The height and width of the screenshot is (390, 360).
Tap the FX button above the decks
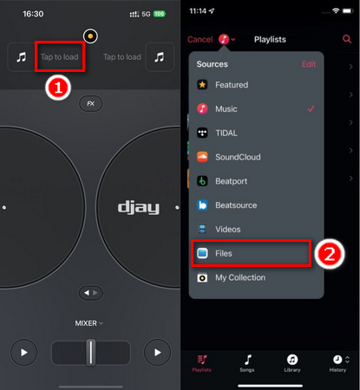[90, 103]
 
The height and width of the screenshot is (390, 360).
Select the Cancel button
[200, 39]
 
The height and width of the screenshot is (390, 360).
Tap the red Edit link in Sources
[308, 64]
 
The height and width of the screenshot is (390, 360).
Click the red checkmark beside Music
[310, 109]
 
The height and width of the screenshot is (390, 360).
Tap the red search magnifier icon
[348, 39]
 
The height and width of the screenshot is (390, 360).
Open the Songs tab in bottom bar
[248, 365]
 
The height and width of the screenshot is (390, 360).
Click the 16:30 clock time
[33, 15]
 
